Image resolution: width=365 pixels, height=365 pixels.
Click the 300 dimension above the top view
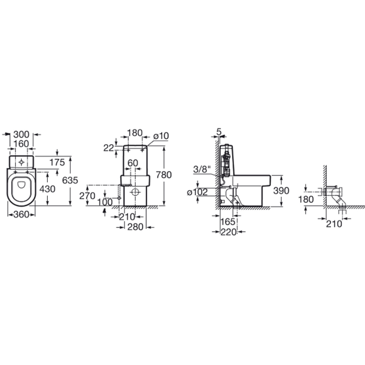tap(21, 134)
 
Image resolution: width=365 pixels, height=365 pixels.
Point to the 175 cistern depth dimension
tap(57, 162)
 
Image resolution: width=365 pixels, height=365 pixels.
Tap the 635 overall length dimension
tap(70, 180)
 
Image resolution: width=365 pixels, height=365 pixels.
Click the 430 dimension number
tap(47, 189)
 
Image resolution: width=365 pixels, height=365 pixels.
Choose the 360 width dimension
tap(21, 215)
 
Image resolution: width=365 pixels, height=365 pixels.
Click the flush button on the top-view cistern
tap(21, 162)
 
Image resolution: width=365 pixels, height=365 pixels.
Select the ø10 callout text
tap(161, 136)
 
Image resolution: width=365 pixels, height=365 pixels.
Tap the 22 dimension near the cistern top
tap(109, 148)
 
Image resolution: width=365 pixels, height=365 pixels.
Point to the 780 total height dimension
tap(164, 175)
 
